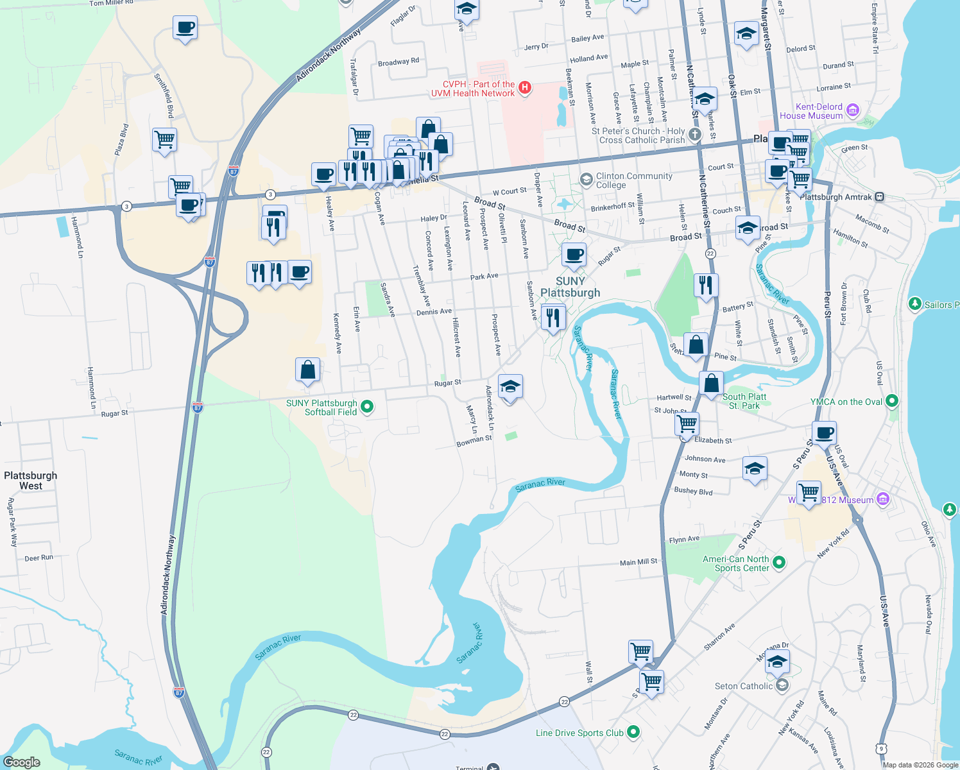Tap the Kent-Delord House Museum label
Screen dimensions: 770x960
tap(811, 112)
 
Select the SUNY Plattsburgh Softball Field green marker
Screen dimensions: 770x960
tap(367, 406)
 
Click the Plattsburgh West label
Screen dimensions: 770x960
tap(30, 481)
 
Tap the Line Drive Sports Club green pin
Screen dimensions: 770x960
tap(633, 732)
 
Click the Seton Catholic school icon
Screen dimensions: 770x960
tap(782, 686)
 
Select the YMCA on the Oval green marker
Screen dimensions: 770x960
tap(891, 402)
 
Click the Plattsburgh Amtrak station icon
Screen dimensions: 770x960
tap(879, 197)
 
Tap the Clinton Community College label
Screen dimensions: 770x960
tap(634, 180)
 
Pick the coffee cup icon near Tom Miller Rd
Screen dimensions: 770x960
tap(185, 28)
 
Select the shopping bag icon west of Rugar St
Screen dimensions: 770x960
tap(307, 370)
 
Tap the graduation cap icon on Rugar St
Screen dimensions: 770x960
tap(510, 387)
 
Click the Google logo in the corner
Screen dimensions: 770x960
tap(22, 762)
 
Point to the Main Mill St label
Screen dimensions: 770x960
tap(638, 562)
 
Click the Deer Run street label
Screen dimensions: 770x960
tap(39, 558)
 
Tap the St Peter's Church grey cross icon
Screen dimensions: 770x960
tap(695, 135)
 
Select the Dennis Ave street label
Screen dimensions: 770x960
tap(434, 312)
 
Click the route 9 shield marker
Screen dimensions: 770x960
tap(882, 748)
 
